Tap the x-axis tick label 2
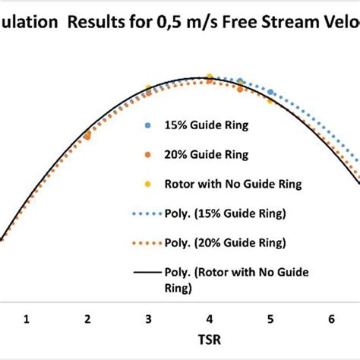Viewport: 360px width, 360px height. pyautogui.click(x=87, y=320)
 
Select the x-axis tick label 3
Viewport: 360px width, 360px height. pyautogui.click(x=148, y=320)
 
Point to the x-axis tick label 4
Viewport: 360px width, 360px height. pyautogui.click(x=209, y=320)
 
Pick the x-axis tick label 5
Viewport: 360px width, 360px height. pyautogui.click(x=270, y=320)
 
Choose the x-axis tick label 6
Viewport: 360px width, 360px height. pyautogui.click(x=330, y=320)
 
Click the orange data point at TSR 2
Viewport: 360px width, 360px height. pyautogui.click(x=87, y=135)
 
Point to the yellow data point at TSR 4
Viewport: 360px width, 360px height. pyautogui.click(x=209, y=78)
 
